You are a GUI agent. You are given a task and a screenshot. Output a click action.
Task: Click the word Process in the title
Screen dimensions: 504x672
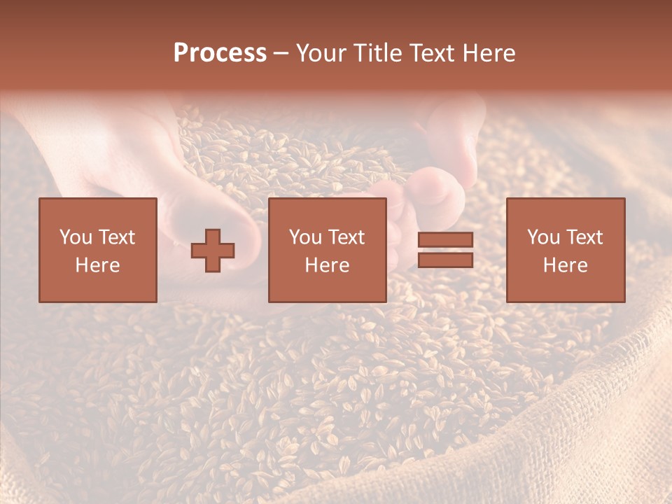(220, 53)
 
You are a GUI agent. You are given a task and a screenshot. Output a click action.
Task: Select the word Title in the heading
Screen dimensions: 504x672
(378, 53)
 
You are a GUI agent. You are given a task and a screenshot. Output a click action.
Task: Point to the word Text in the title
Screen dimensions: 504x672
(433, 53)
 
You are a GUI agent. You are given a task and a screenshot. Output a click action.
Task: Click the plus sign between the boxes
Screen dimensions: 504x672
(213, 251)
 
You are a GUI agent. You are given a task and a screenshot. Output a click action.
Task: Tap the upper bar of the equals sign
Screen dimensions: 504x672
(445, 239)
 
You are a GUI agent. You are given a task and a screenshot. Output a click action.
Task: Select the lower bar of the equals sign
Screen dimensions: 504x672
(445, 260)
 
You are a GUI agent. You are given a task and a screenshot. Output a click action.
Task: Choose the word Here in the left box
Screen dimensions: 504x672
(97, 265)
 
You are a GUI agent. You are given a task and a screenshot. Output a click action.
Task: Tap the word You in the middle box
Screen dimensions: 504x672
(305, 237)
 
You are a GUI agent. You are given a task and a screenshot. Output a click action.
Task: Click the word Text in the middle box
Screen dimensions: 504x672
(346, 237)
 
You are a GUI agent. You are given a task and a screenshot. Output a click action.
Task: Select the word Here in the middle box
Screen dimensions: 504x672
(327, 265)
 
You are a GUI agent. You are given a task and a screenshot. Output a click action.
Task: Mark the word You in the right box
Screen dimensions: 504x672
(543, 237)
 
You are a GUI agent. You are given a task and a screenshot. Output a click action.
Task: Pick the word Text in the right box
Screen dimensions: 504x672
(584, 237)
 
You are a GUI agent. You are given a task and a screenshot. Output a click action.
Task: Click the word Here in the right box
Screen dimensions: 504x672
(565, 265)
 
